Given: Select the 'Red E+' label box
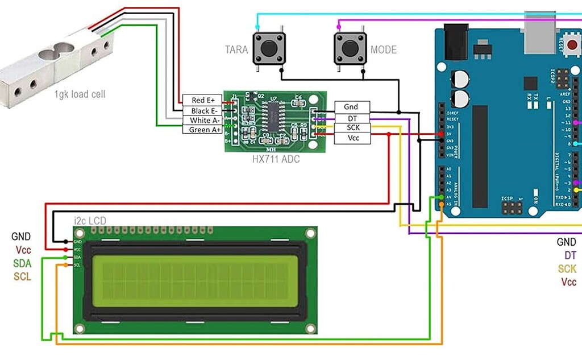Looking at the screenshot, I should tap(202, 101).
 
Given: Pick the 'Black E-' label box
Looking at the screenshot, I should tap(202, 110).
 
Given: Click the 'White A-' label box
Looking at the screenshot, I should tap(202, 120).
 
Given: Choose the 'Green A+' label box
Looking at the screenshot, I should tap(202, 130).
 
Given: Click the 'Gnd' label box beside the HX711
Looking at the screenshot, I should tap(351, 107).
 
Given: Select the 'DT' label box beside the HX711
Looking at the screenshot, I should tap(351, 117).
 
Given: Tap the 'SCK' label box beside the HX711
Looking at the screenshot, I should tap(351, 127).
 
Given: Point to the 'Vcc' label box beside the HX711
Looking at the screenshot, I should tap(351, 138).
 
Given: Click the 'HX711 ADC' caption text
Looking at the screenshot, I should tap(276, 159).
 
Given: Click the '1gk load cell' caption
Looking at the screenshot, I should tap(80, 94).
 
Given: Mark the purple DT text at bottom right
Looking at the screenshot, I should tap(569, 256).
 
